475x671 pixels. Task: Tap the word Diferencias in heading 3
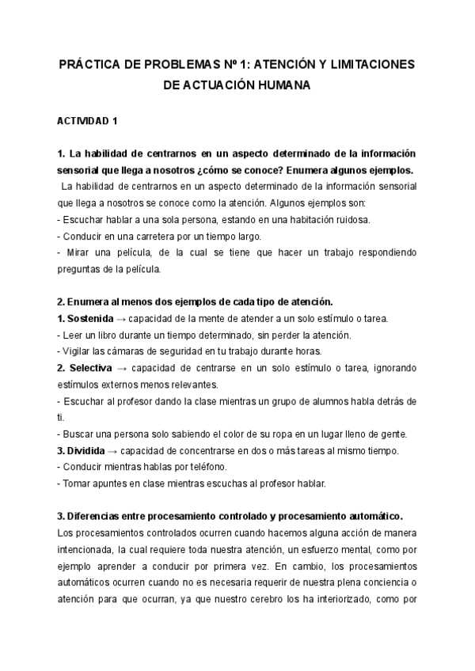point(96,517)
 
